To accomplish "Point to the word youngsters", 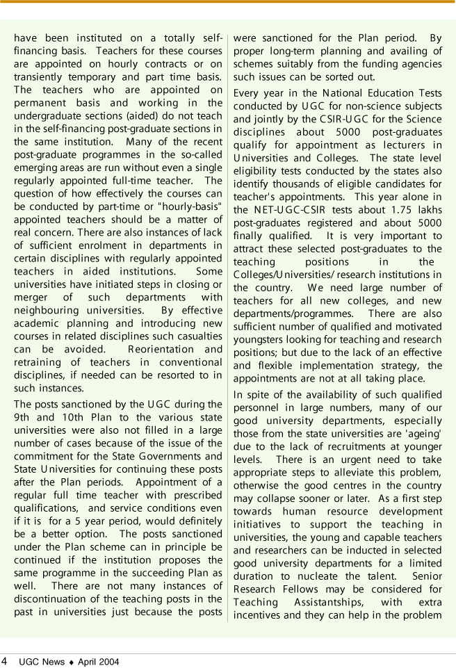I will [261, 340].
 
